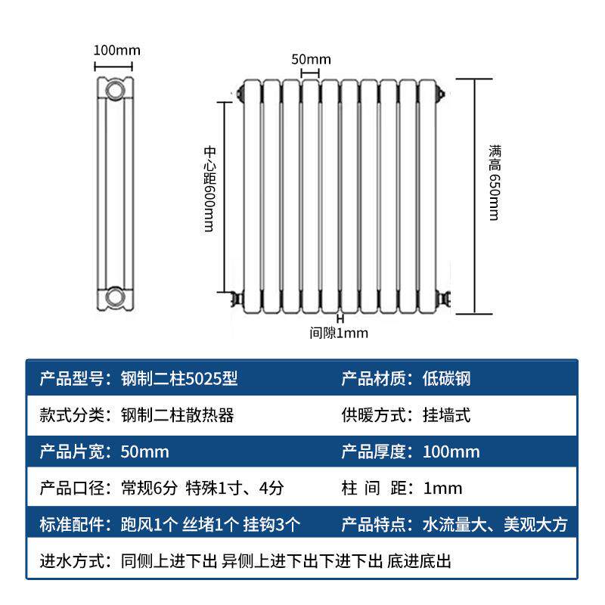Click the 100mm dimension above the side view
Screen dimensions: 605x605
point(116,51)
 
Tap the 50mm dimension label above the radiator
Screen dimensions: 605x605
point(311,59)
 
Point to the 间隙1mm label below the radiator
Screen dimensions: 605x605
point(339,332)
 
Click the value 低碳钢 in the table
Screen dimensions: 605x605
point(446,378)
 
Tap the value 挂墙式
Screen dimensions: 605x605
point(446,415)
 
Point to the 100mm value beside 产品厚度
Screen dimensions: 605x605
point(451,452)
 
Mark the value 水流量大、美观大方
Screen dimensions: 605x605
point(495,525)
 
